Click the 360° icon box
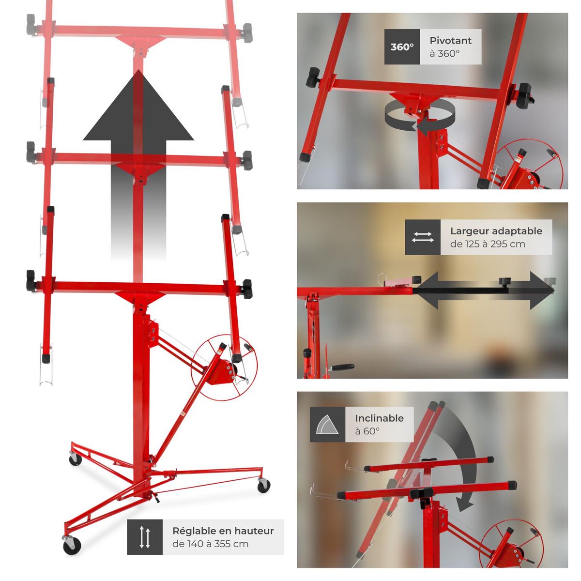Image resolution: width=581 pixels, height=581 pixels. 402,47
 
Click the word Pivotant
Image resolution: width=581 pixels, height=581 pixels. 450,41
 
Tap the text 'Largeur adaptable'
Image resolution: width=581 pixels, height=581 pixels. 496,231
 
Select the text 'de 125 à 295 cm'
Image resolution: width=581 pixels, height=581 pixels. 487,244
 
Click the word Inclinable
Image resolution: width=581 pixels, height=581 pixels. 379,418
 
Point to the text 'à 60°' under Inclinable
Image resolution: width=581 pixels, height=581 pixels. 367,431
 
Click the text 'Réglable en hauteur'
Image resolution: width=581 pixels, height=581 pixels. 223,531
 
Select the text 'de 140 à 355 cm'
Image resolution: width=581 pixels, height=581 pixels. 210,544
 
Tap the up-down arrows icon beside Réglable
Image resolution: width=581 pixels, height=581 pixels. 145,537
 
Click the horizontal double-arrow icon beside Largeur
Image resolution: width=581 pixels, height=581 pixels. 423,237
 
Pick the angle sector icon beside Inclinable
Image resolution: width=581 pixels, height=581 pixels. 328,424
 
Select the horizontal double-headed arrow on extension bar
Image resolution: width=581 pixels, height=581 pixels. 484,290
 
